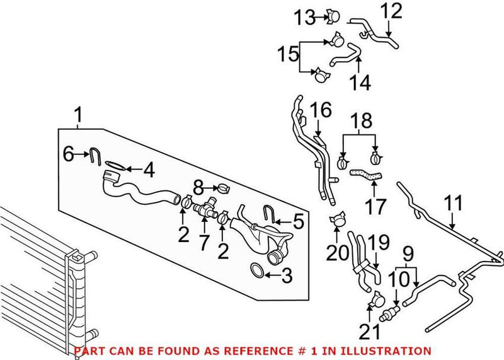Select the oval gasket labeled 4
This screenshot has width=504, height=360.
click(113, 165)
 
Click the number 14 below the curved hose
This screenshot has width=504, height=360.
click(357, 82)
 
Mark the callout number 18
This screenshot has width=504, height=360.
click(362, 120)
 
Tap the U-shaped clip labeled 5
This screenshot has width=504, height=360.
click(269, 216)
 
